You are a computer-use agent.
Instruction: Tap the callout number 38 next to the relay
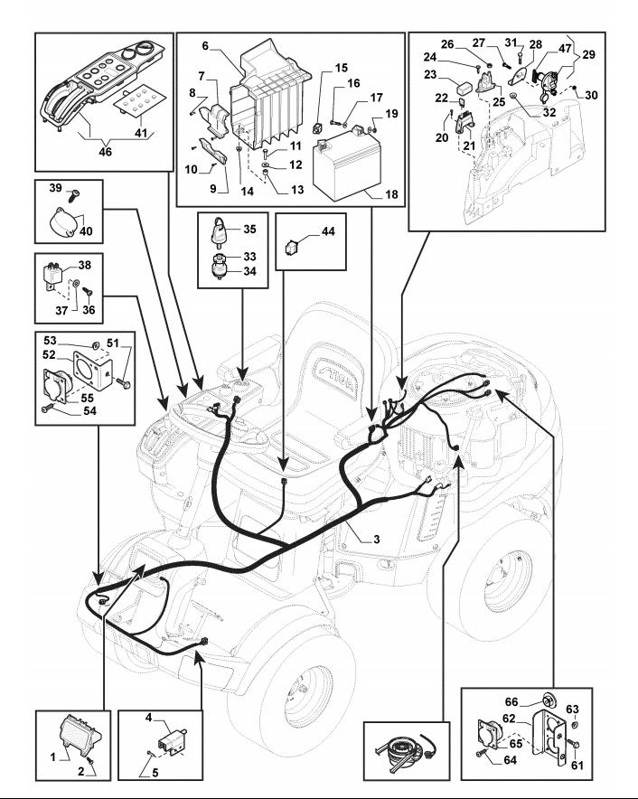pyautogui.click(x=85, y=267)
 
